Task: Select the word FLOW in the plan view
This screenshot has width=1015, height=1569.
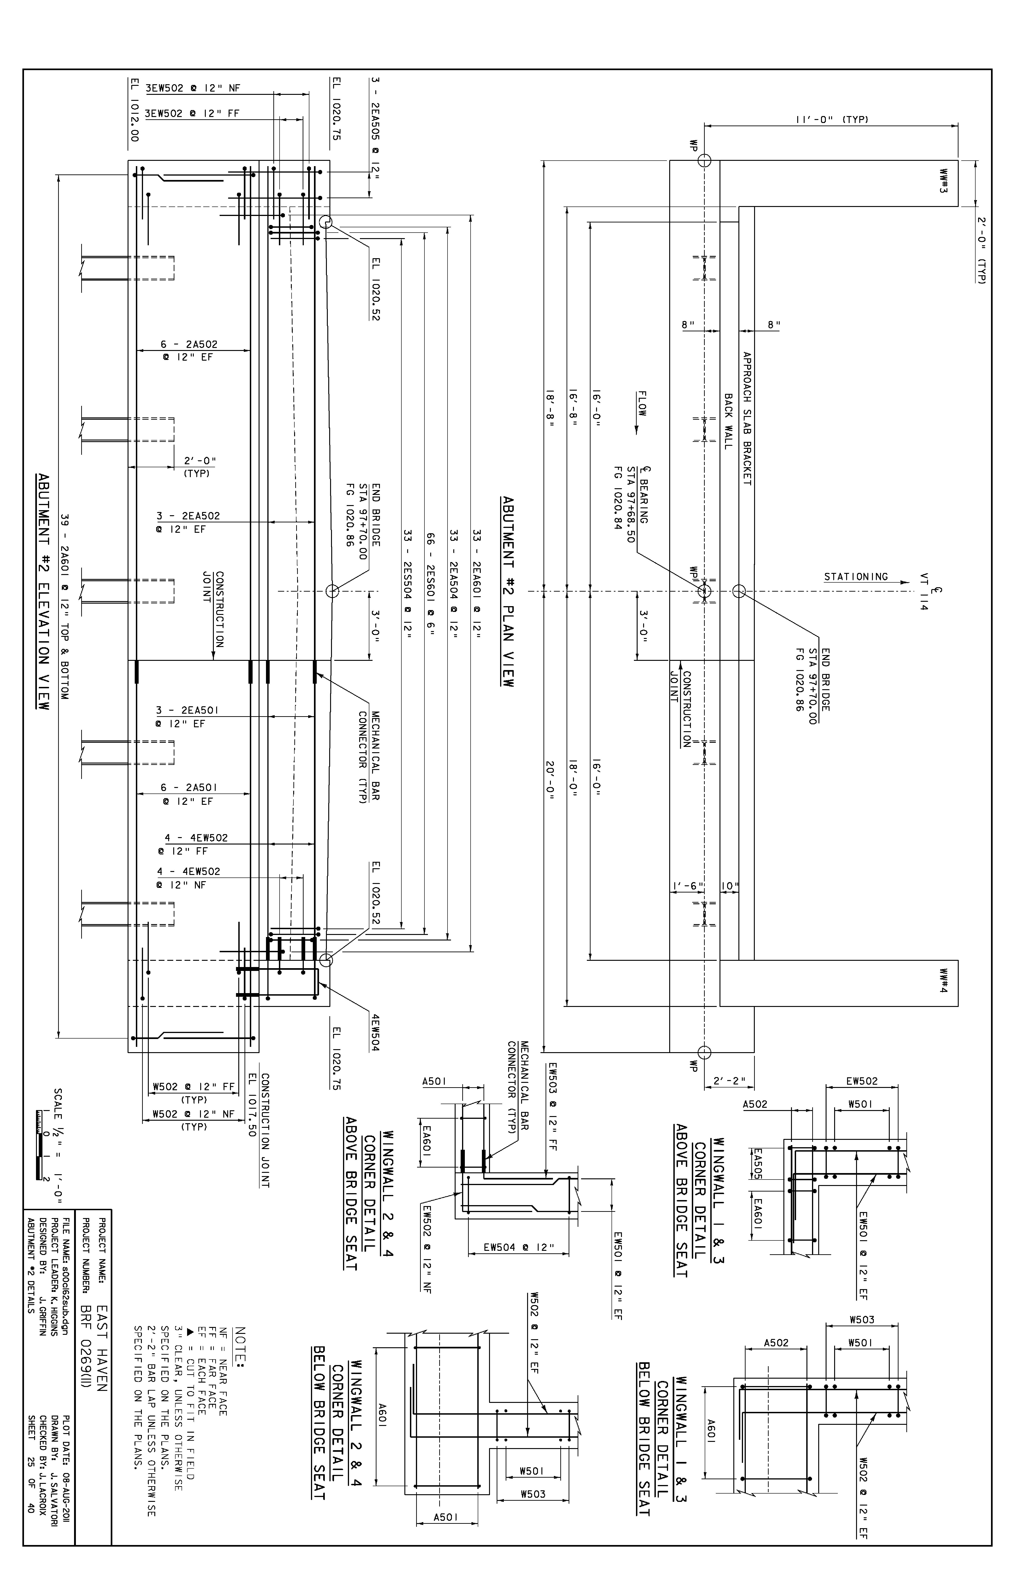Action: coord(642,404)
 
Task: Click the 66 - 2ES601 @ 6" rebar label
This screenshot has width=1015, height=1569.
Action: coord(431,585)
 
